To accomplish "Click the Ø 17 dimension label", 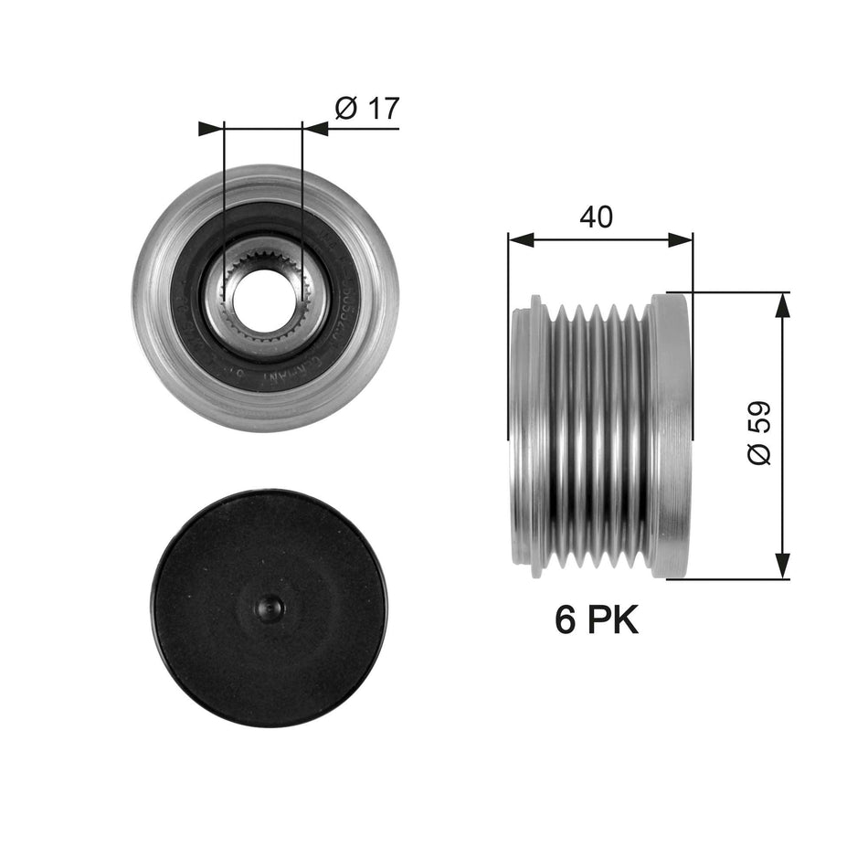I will (366, 109).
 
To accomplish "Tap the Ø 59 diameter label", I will (759, 433).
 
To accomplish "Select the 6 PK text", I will (597, 621).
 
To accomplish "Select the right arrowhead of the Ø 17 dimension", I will (315, 129).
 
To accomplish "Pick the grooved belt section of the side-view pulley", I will (598, 434).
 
